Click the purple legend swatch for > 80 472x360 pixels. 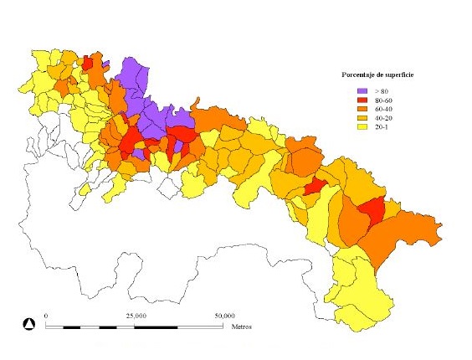(362, 90)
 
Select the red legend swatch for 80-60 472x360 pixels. (362, 100)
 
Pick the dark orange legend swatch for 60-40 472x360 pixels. (362, 109)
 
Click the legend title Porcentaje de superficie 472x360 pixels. (373, 76)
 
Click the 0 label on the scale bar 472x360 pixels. (46, 316)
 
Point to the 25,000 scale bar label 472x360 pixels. (136, 316)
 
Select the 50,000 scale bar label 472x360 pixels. (223, 316)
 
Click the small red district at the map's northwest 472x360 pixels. (88, 64)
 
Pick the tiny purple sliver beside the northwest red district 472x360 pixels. (105, 64)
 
